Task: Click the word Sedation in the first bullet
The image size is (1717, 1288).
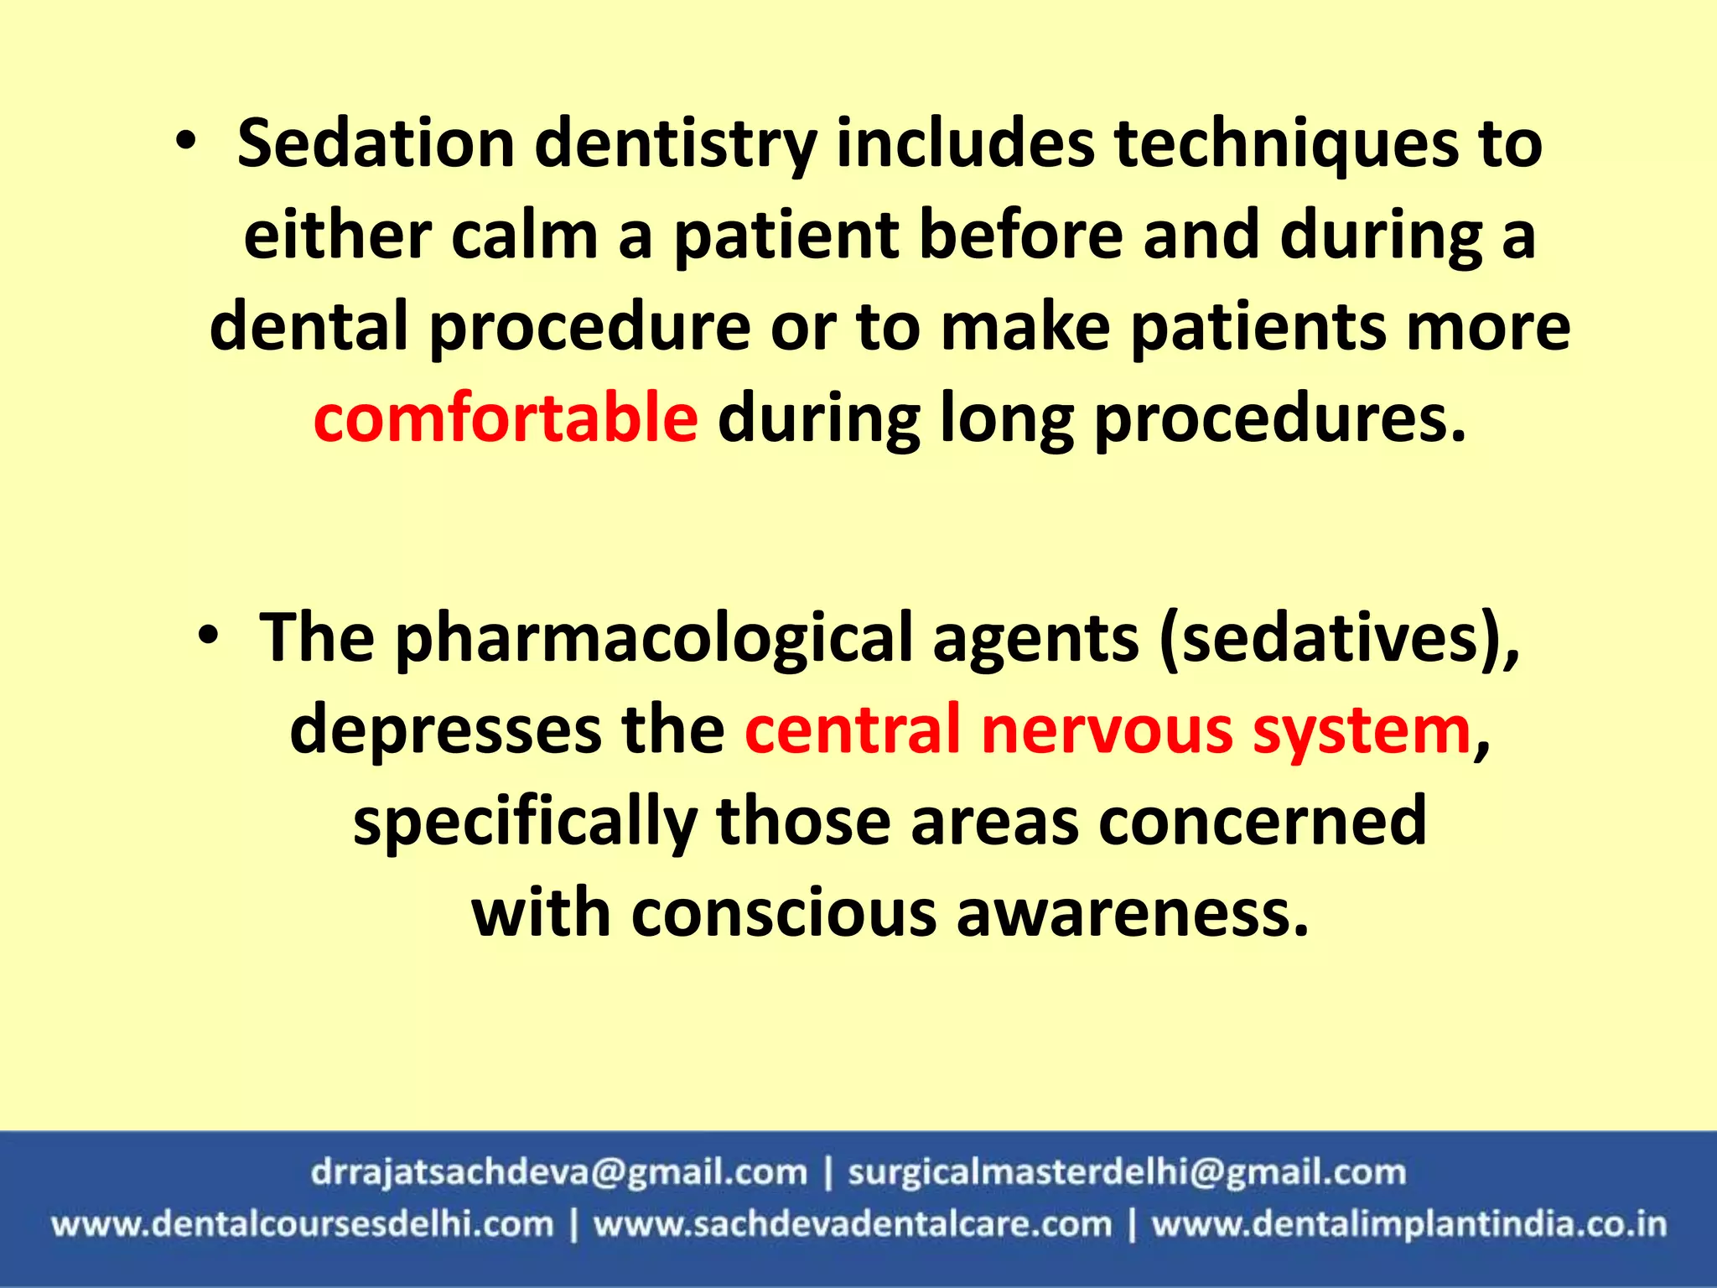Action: [x=375, y=144]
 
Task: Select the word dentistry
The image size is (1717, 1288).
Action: [x=676, y=144]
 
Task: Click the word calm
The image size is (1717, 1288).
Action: [x=525, y=236]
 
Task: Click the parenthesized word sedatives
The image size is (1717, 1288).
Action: [x=1339, y=640]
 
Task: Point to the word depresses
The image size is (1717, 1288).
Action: [x=445, y=730]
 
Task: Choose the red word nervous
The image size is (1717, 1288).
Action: [x=1107, y=730]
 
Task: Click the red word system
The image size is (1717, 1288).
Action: [x=1362, y=730]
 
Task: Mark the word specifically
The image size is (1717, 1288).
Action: [x=525, y=822]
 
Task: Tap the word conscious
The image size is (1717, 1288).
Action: [x=784, y=913]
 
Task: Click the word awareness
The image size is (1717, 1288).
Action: [x=1132, y=913]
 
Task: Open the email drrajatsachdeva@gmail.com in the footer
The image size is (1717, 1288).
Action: [x=558, y=1172]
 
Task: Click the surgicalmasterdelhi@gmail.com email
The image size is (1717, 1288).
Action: [x=1126, y=1172]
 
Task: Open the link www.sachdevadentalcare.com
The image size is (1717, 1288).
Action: [x=853, y=1224]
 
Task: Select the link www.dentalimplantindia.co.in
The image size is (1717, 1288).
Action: [x=1408, y=1224]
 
